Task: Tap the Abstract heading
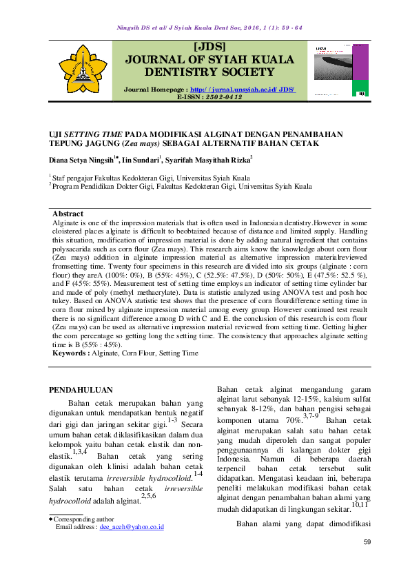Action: point(68,214)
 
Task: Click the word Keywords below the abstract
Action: point(71,353)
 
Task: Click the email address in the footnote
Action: point(131,526)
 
